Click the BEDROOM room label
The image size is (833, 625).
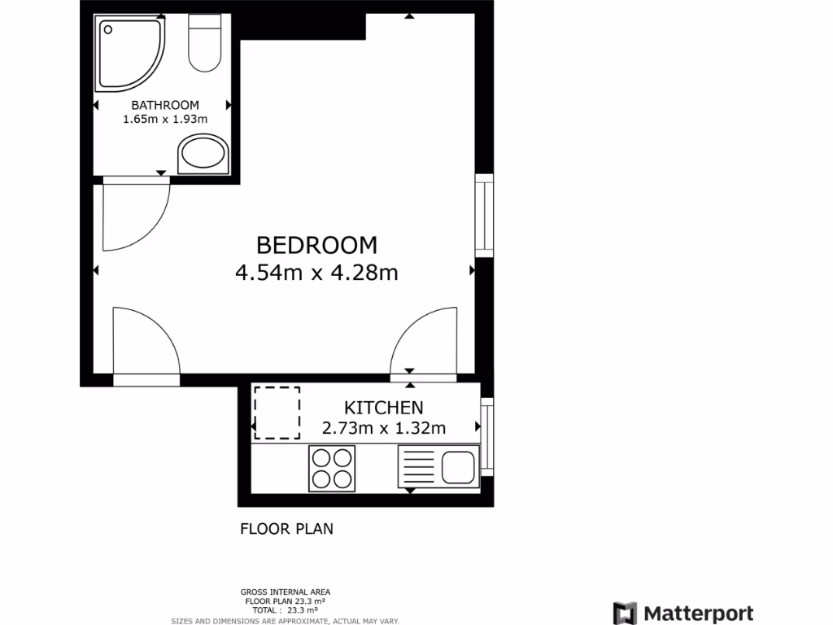(x=316, y=244)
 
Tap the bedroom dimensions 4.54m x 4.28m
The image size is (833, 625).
(x=316, y=273)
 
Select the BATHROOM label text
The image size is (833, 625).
(x=165, y=105)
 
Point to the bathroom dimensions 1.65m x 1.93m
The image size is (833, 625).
(x=165, y=120)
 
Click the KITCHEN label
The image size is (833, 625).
(x=383, y=408)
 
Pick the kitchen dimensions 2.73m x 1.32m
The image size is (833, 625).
(x=383, y=428)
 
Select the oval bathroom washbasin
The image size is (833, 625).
(x=203, y=153)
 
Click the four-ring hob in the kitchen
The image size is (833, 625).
(x=332, y=468)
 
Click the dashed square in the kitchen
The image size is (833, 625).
(x=277, y=413)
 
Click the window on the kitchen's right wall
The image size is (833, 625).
(x=487, y=437)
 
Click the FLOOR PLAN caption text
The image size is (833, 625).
(x=286, y=529)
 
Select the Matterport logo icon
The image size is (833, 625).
(x=625, y=614)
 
